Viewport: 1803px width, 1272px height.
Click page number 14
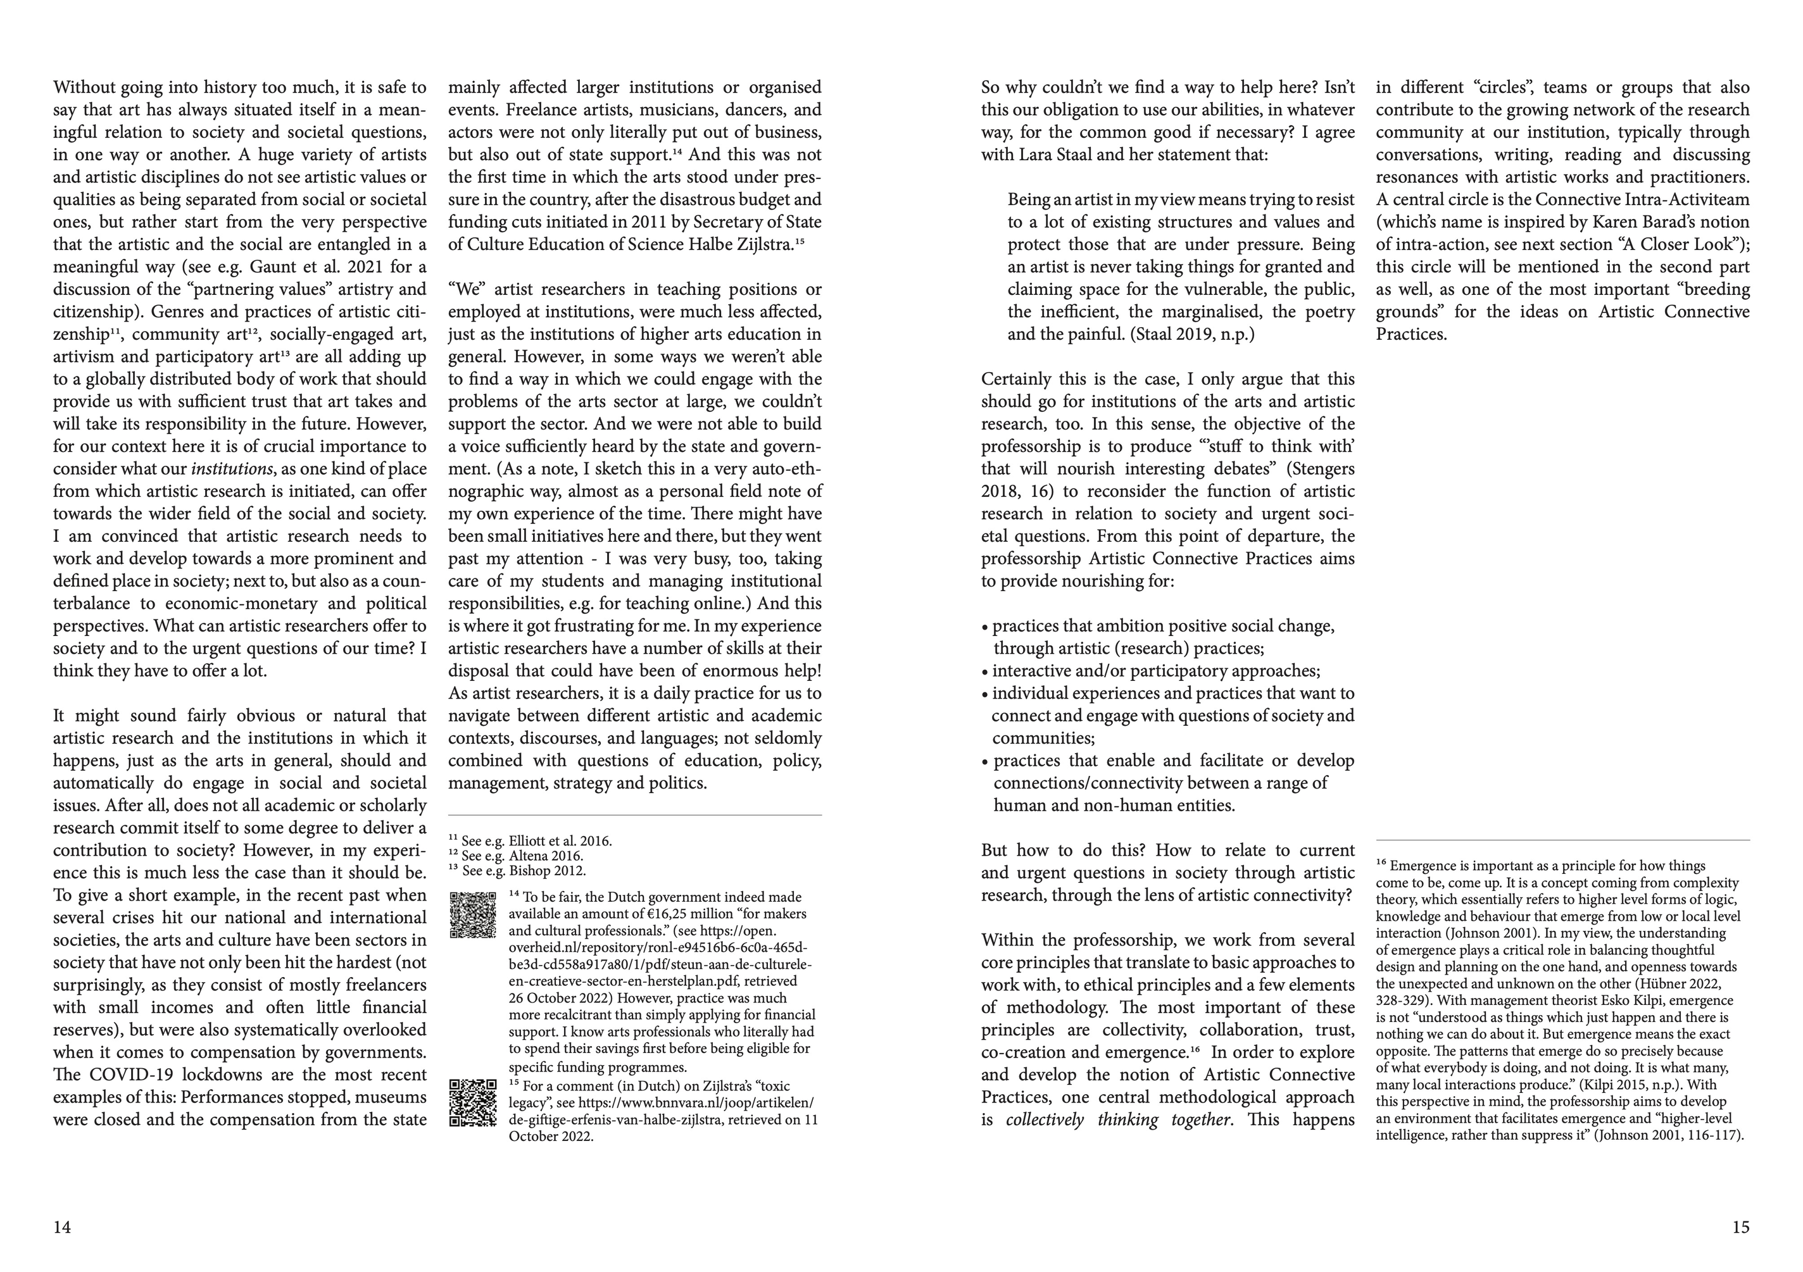[x=62, y=1226]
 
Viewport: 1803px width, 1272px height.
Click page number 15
[x=1740, y=1226]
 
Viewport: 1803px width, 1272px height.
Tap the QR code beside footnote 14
[x=473, y=914]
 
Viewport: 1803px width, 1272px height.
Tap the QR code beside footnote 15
[x=473, y=1103]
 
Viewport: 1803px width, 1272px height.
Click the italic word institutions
[x=232, y=470]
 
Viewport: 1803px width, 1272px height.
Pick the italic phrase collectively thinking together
[x=1118, y=1119]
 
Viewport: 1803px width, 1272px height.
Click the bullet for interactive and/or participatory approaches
[x=986, y=671]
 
